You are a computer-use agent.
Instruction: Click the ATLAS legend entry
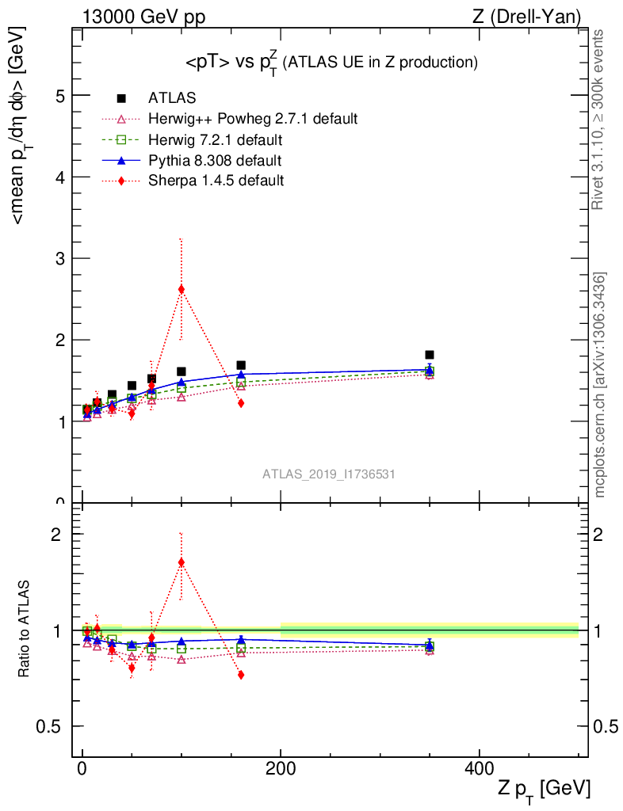coord(172,98)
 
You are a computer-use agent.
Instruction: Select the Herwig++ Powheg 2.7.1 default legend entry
coord(253,119)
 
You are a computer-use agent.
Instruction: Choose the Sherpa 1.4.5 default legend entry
coord(216,181)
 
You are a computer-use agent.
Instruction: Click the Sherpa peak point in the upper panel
coord(182,289)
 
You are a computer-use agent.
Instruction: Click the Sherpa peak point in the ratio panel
coord(182,562)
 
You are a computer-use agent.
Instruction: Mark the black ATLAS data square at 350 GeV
coord(429,355)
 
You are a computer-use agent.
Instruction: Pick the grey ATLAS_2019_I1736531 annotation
coord(329,474)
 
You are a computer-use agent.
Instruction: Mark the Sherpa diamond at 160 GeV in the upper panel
coord(241,403)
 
